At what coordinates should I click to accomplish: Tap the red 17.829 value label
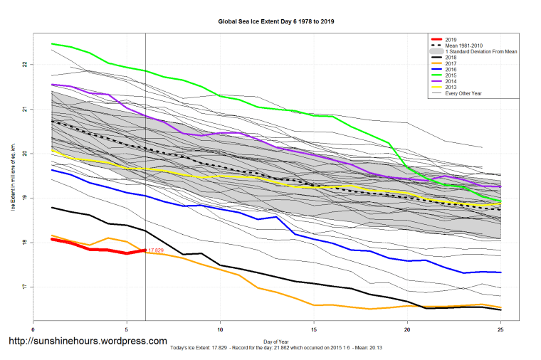156,250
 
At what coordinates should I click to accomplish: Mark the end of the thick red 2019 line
145,250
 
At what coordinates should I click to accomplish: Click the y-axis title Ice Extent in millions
12,176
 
